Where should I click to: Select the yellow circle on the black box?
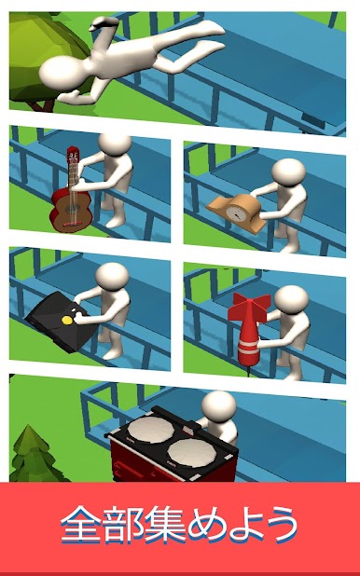[67, 320]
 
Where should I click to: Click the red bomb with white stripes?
[249, 331]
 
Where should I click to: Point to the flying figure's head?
[61, 74]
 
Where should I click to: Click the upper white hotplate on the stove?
[151, 429]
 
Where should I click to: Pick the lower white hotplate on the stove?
[191, 453]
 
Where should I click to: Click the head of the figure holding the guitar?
[115, 144]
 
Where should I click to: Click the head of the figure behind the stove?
[219, 406]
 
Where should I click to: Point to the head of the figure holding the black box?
[112, 277]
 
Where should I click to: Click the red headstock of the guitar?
[73, 157]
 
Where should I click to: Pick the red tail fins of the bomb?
[249, 307]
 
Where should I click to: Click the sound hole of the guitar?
[70, 210]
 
